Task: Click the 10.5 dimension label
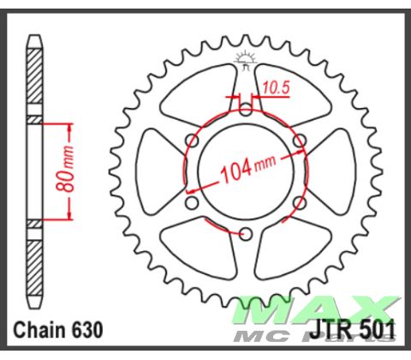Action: point(275,87)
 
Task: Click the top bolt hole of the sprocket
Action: point(246,109)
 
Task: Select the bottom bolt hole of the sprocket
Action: point(246,232)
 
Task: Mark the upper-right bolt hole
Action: point(299,140)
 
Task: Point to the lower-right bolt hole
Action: point(299,201)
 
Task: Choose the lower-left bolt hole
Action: point(193,201)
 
